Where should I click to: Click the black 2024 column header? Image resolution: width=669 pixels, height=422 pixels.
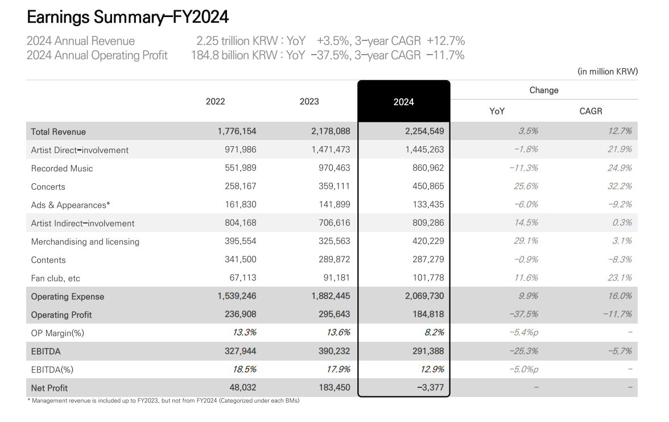404,102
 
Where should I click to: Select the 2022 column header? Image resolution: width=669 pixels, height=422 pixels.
215,101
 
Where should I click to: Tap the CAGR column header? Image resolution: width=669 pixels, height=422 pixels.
590,111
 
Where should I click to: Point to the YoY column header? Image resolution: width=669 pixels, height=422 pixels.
497,111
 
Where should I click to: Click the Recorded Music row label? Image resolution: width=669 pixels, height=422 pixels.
62,168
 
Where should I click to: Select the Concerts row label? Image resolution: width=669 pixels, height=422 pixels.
48,187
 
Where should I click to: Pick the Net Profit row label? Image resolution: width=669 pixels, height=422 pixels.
49,388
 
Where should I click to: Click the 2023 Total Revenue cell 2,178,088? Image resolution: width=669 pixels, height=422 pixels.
331,131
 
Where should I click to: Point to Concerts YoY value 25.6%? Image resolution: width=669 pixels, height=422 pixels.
526,187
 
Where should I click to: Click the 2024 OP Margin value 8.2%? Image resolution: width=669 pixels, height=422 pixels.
434,333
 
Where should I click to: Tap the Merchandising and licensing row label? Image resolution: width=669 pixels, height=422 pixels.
85,242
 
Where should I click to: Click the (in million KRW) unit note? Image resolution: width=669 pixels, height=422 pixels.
608,72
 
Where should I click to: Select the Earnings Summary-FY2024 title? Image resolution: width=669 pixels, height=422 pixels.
128,18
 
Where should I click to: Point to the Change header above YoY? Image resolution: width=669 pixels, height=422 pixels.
544,90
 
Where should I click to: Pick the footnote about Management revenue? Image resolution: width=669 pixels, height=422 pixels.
163,400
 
